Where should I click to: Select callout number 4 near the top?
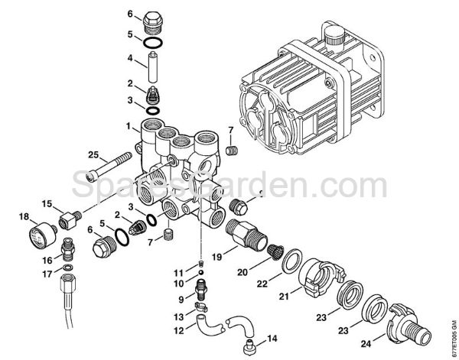(130, 58)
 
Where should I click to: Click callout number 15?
(47, 203)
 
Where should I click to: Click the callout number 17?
(47, 273)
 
